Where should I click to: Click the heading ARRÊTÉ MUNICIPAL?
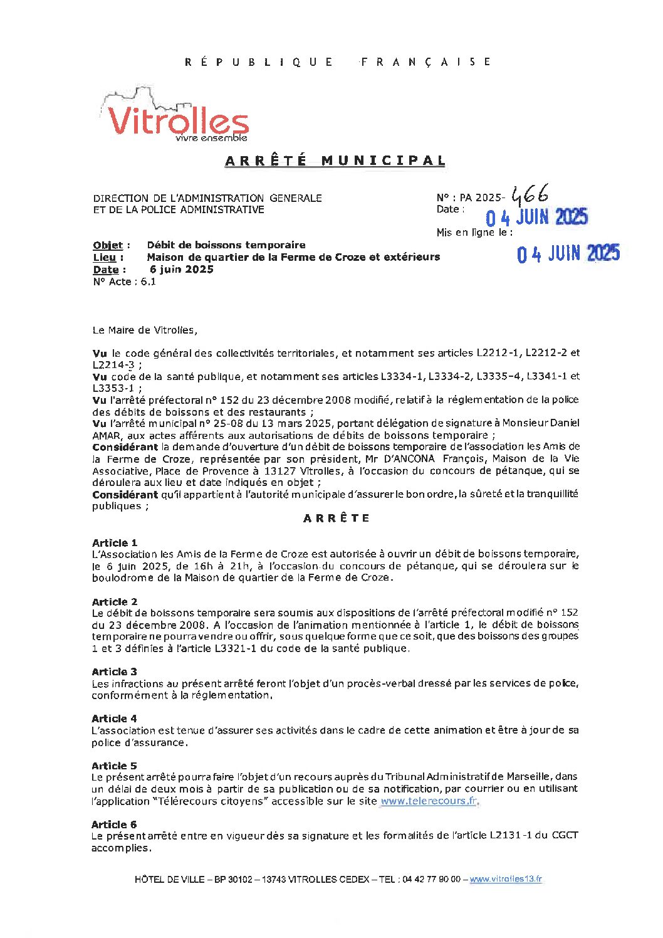tap(335, 161)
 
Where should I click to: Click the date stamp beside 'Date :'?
tap(537, 218)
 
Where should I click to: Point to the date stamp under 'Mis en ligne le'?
tap(568, 254)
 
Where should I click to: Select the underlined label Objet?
tap(108, 245)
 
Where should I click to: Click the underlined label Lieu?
tap(104, 257)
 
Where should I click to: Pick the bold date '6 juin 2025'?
tap(182, 269)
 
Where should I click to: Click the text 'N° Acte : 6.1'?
tap(124, 282)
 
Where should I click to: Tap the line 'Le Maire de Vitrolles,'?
tap(144, 330)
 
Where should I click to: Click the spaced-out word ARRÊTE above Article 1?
tap(337, 519)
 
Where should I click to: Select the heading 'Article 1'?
tap(115, 543)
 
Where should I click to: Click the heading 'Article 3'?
tap(114, 672)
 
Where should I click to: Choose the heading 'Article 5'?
tap(114, 766)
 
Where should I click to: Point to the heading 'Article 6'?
tap(114, 825)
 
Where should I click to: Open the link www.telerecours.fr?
tap(429, 801)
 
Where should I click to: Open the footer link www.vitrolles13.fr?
tap(506, 879)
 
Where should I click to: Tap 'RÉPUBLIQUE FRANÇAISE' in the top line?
tap(338, 61)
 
